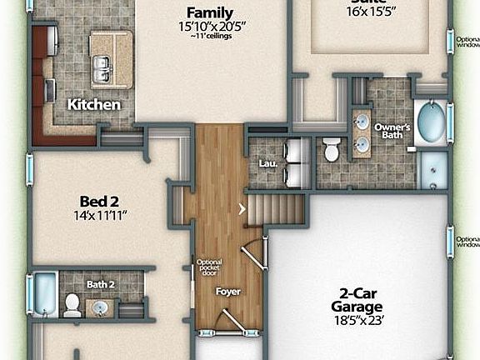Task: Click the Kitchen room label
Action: [94, 105]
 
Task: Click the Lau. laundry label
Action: [267, 163]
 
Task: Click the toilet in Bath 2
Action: [72, 304]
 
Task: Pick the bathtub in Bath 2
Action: [43, 293]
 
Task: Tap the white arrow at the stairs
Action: [242, 209]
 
